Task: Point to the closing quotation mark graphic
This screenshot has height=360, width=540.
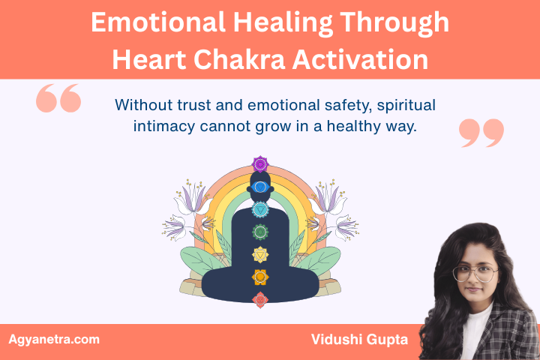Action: pos(481,132)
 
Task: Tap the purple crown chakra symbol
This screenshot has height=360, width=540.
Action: pos(260,163)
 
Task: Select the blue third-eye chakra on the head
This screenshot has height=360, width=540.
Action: pos(260,186)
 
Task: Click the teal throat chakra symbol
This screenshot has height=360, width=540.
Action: pos(260,209)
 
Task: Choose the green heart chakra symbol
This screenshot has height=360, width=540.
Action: pos(260,232)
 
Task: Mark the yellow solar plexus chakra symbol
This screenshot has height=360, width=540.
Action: pos(260,255)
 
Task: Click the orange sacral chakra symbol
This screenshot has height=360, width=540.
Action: pos(260,277)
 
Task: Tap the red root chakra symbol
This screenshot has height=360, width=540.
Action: pos(260,300)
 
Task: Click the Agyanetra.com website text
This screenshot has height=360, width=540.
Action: pos(54,340)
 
